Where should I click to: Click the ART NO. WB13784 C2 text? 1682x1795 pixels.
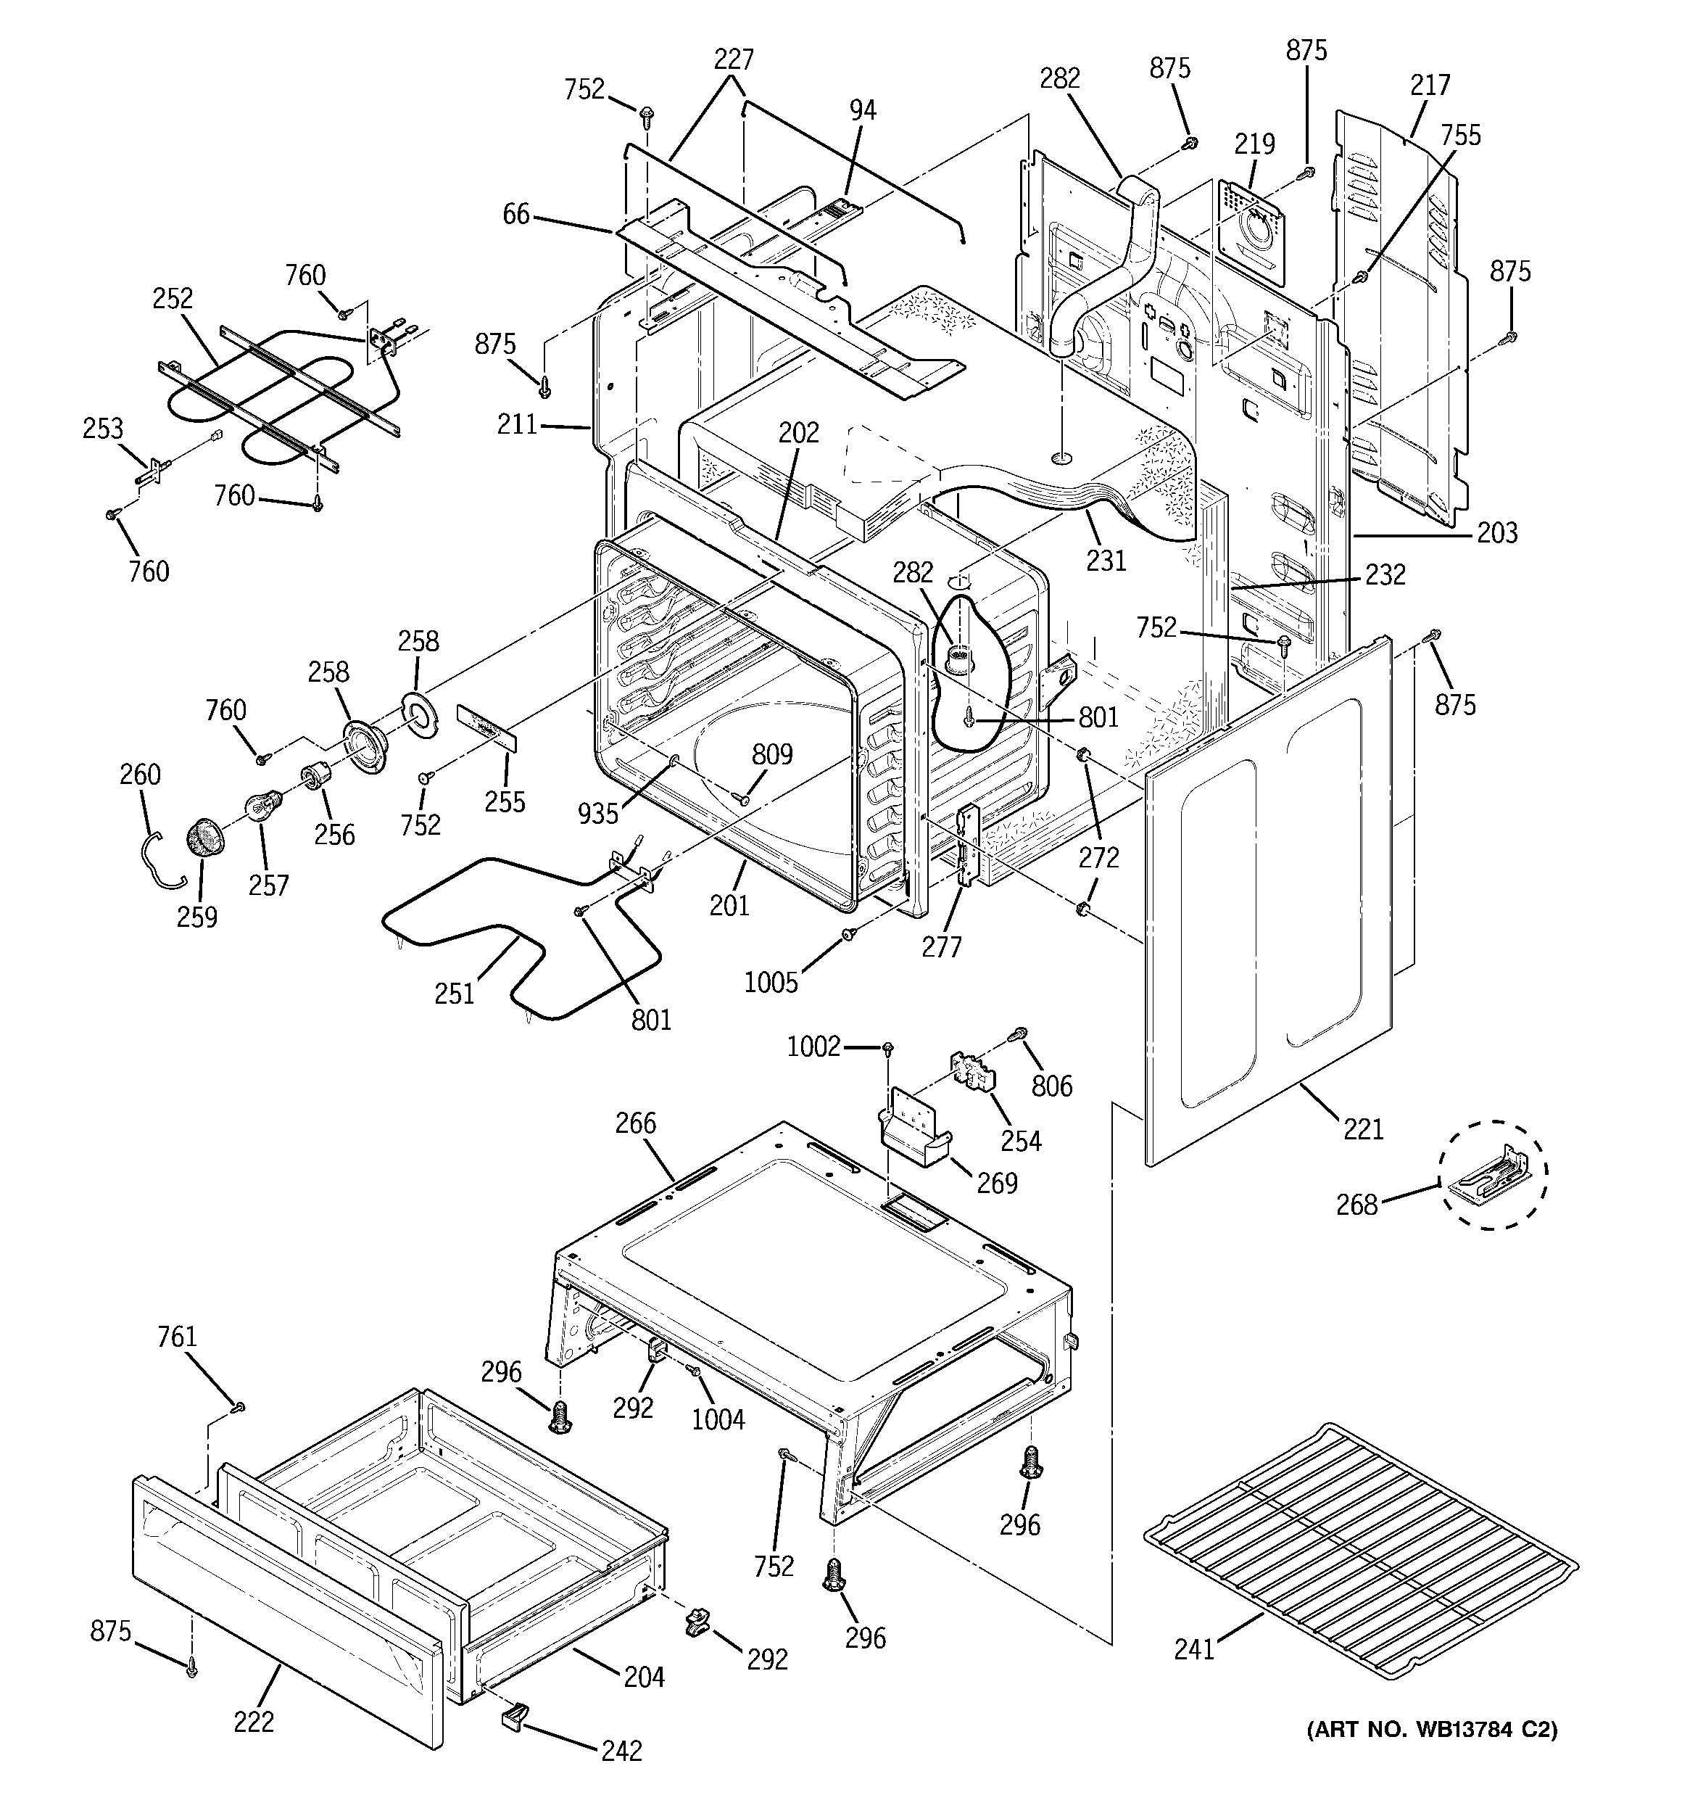(x=1431, y=1729)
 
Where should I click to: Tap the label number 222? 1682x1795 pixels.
(x=254, y=1722)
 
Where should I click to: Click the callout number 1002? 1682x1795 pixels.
(x=813, y=1047)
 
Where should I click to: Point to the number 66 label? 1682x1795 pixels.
(x=516, y=215)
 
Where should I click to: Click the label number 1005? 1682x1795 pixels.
(x=771, y=983)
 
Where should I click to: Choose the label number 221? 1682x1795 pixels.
(x=1363, y=1128)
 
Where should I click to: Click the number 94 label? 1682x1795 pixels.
(x=862, y=110)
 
